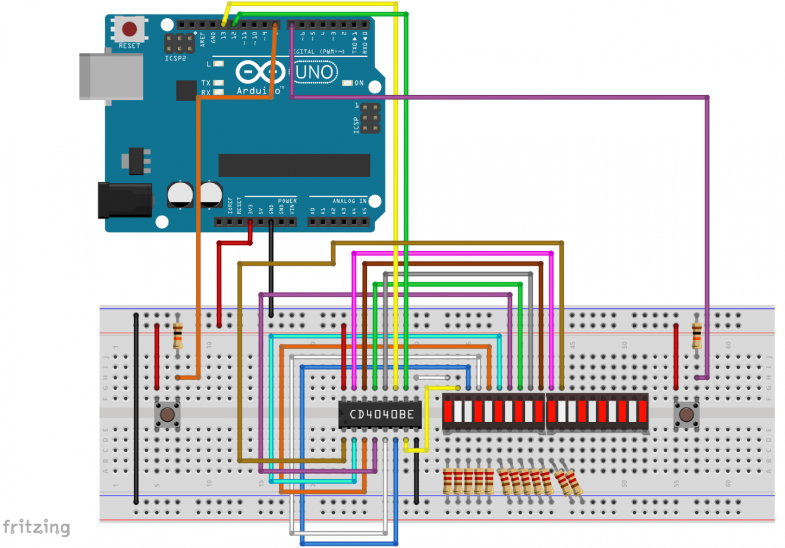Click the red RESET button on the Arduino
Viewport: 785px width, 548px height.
point(129,29)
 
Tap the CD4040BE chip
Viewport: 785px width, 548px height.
point(381,414)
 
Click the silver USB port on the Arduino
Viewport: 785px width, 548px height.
point(111,77)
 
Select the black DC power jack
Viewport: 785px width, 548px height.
point(125,201)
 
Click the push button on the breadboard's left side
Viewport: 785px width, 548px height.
point(167,414)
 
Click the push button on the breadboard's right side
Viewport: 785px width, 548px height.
point(686,414)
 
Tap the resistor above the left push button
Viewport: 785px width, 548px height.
point(177,336)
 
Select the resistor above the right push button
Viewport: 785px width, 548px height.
point(696,336)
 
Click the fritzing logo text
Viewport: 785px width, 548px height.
point(36,528)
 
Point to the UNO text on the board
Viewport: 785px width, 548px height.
point(315,73)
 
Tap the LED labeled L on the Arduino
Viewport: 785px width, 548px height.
point(218,64)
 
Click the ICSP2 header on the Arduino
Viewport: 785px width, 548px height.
point(180,43)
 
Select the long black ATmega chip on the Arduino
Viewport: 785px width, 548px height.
point(294,165)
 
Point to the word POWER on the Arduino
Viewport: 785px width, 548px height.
point(287,201)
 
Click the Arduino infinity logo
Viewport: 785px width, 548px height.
point(260,73)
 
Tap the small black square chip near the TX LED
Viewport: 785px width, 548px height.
point(186,90)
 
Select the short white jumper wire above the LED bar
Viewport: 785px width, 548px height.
point(432,377)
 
